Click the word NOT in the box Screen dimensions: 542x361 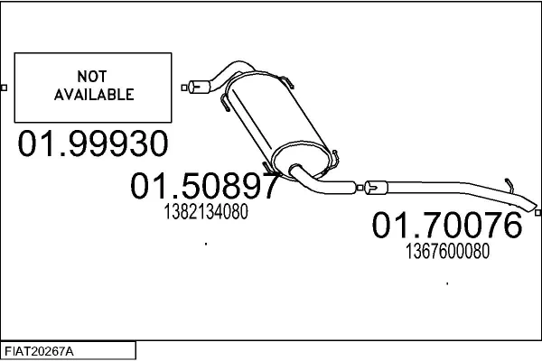(92, 77)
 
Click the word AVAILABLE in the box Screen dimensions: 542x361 (94, 95)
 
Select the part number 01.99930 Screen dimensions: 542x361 (93, 143)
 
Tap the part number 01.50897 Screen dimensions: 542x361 (205, 186)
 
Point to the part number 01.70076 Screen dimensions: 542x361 (447, 225)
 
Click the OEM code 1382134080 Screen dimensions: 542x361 (206, 211)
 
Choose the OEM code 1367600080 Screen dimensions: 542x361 (447, 251)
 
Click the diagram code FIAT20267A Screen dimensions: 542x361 (39, 352)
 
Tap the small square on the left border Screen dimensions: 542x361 (4, 88)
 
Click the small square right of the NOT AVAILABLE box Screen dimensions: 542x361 (184, 88)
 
